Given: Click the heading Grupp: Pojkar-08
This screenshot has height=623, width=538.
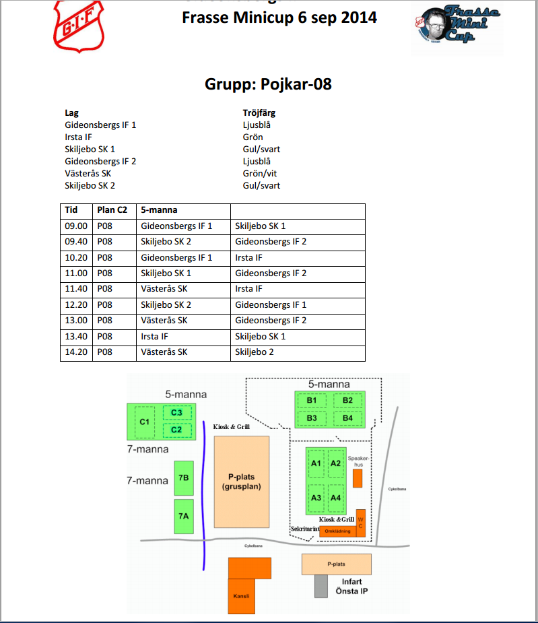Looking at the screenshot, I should [x=268, y=84].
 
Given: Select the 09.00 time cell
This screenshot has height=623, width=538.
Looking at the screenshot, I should [x=75, y=226].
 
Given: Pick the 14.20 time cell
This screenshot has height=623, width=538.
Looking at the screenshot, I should [x=75, y=352].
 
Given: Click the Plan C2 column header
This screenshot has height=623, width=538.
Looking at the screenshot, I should [x=112, y=210].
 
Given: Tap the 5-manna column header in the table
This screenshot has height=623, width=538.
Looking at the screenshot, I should [x=159, y=210].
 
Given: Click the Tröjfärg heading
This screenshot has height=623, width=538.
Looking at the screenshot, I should [x=259, y=113].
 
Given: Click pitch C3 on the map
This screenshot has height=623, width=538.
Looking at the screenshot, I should [x=177, y=412].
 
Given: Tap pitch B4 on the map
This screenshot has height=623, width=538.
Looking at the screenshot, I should [x=347, y=418].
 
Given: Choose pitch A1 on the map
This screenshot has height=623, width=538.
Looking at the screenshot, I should [x=316, y=463].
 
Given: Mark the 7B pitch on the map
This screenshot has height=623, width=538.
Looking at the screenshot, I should [x=183, y=478].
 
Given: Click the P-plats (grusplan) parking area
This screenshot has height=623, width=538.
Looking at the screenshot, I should [x=241, y=481].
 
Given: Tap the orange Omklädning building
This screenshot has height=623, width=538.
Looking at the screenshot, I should [x=338, y=531].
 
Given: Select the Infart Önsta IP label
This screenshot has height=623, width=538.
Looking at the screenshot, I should [x=351, y=586].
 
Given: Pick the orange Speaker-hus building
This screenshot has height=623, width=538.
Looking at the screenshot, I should [x=358, y=478].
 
